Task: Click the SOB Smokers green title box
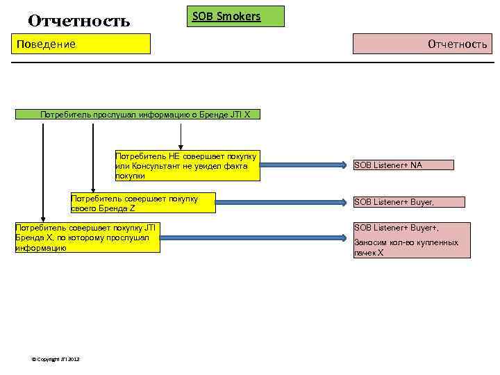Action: click(236, 16)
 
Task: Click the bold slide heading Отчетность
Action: click(78, 21)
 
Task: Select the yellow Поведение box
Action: click(83, 44)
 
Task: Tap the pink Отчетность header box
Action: click(422, 44)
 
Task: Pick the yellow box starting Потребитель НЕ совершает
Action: click(187, 166)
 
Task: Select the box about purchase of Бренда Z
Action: click(143, 202)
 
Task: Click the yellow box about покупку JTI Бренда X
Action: click(87, 237)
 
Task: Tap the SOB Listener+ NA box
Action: click(403, 165)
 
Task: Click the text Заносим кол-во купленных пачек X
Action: click(406, 248)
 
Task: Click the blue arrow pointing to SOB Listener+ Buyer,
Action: click(281, 202)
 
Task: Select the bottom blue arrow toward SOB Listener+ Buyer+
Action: click(253, 237)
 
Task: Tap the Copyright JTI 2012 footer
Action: click(56, 358)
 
